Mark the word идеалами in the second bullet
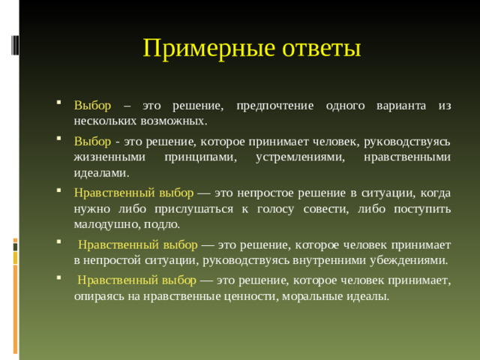(97, 172)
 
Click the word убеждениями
(412, 259)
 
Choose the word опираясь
(96, 295)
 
